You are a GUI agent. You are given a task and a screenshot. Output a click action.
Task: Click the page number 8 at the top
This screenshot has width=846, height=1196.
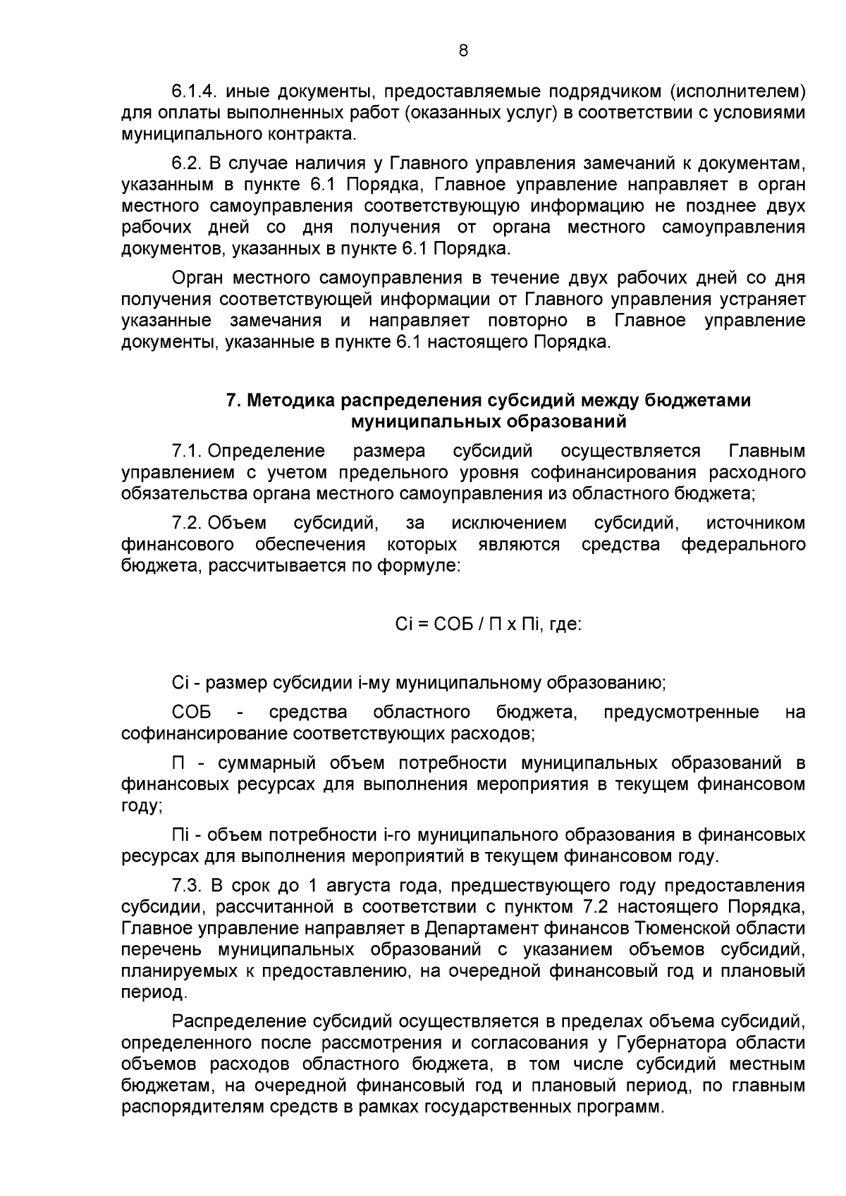(462, 51)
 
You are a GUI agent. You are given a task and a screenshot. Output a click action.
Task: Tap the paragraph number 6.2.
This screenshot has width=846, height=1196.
(188, 164)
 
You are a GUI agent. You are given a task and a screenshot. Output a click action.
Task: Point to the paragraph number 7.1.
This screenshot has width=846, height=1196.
(187, 451)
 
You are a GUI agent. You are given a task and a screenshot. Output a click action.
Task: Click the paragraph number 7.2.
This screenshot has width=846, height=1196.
(187, 523)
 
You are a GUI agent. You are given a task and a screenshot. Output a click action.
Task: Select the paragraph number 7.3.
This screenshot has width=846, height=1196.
(188, 885)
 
